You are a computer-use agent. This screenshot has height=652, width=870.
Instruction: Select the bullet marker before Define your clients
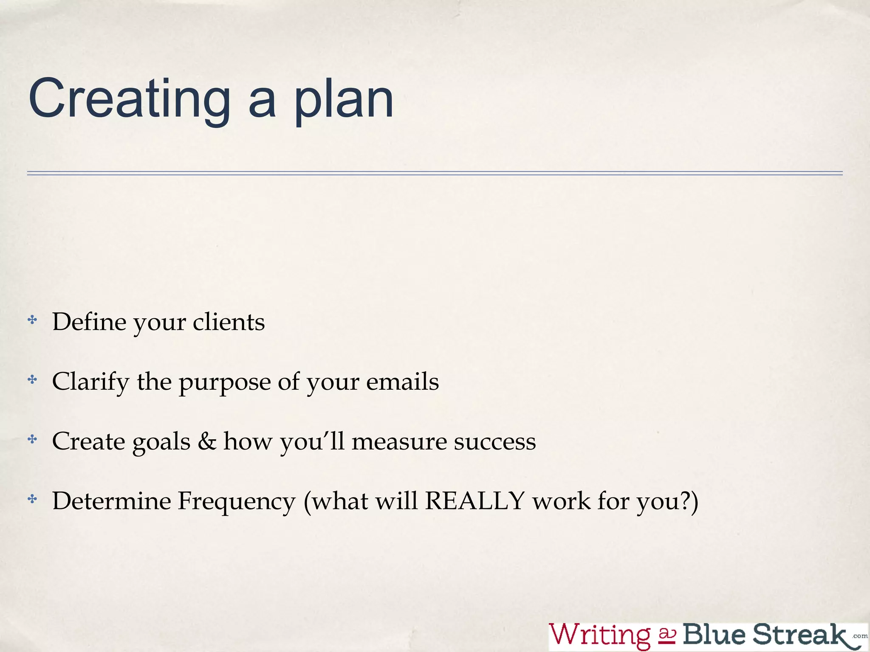[32, 320]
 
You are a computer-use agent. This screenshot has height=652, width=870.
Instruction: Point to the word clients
[229, 322]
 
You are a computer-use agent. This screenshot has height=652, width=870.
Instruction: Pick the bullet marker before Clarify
[32, 379]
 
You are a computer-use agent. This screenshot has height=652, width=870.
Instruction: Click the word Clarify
[90, 382]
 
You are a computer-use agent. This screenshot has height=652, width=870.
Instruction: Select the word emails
[402, 381]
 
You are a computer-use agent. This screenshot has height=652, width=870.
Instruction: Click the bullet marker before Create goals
[32, 439]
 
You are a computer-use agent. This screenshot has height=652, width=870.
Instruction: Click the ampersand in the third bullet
[207, 441]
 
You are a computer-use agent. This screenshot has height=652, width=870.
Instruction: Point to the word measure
[399, 441]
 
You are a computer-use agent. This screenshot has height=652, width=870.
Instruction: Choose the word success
[495, 442]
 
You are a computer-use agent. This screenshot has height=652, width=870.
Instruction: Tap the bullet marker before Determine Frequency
[32, 499]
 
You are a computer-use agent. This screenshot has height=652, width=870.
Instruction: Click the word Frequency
[236, 502]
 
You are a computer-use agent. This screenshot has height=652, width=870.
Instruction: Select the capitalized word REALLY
[475, 501]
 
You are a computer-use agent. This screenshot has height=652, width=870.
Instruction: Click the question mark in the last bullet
[685, 501]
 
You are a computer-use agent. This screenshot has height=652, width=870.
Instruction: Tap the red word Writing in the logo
[599, 635]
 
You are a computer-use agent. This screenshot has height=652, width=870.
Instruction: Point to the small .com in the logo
[860, 636]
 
